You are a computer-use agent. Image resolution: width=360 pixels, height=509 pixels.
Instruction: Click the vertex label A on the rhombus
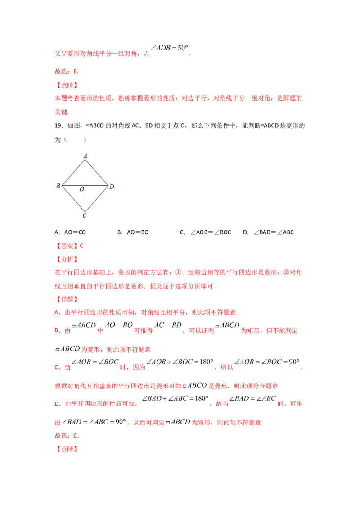[85, 156]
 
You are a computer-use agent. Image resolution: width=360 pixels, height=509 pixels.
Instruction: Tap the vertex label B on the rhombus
[58, 186]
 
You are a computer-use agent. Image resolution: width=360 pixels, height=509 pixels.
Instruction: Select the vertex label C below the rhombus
[85, 216]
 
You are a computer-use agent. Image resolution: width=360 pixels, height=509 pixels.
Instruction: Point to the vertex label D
[112, 186]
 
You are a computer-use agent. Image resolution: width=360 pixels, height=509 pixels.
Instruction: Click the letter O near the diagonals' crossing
[81, 189]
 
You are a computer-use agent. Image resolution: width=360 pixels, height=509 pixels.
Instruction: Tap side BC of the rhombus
[74, 198]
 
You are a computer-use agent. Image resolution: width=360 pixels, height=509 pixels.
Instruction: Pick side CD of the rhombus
[97, 198]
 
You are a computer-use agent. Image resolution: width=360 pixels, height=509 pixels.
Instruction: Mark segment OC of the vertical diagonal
[85, 199]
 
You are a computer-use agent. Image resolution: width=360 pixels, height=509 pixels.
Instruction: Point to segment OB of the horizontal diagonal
[74, 185]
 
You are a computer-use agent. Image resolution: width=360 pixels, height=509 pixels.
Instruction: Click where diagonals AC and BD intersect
[85, 185]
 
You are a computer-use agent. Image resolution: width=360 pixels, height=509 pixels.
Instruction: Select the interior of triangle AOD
[91, 179]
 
